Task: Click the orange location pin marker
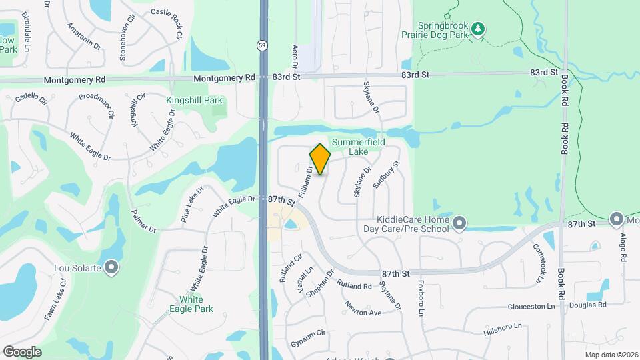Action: tap(320, 159)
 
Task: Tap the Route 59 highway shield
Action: tap(263, 45)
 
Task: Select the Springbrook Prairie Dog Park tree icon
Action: tap(477, 29)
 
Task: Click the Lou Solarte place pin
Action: tap(112, 267)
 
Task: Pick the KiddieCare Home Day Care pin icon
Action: tap(459, 223)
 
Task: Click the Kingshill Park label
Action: tap(195, 100)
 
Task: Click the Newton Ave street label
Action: tap(363, 308)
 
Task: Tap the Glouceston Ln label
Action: tap(531, 305)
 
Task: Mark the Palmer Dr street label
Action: tap(143, 221)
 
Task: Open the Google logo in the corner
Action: tap(22, 351)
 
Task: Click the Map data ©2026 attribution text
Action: tap(611, 355)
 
